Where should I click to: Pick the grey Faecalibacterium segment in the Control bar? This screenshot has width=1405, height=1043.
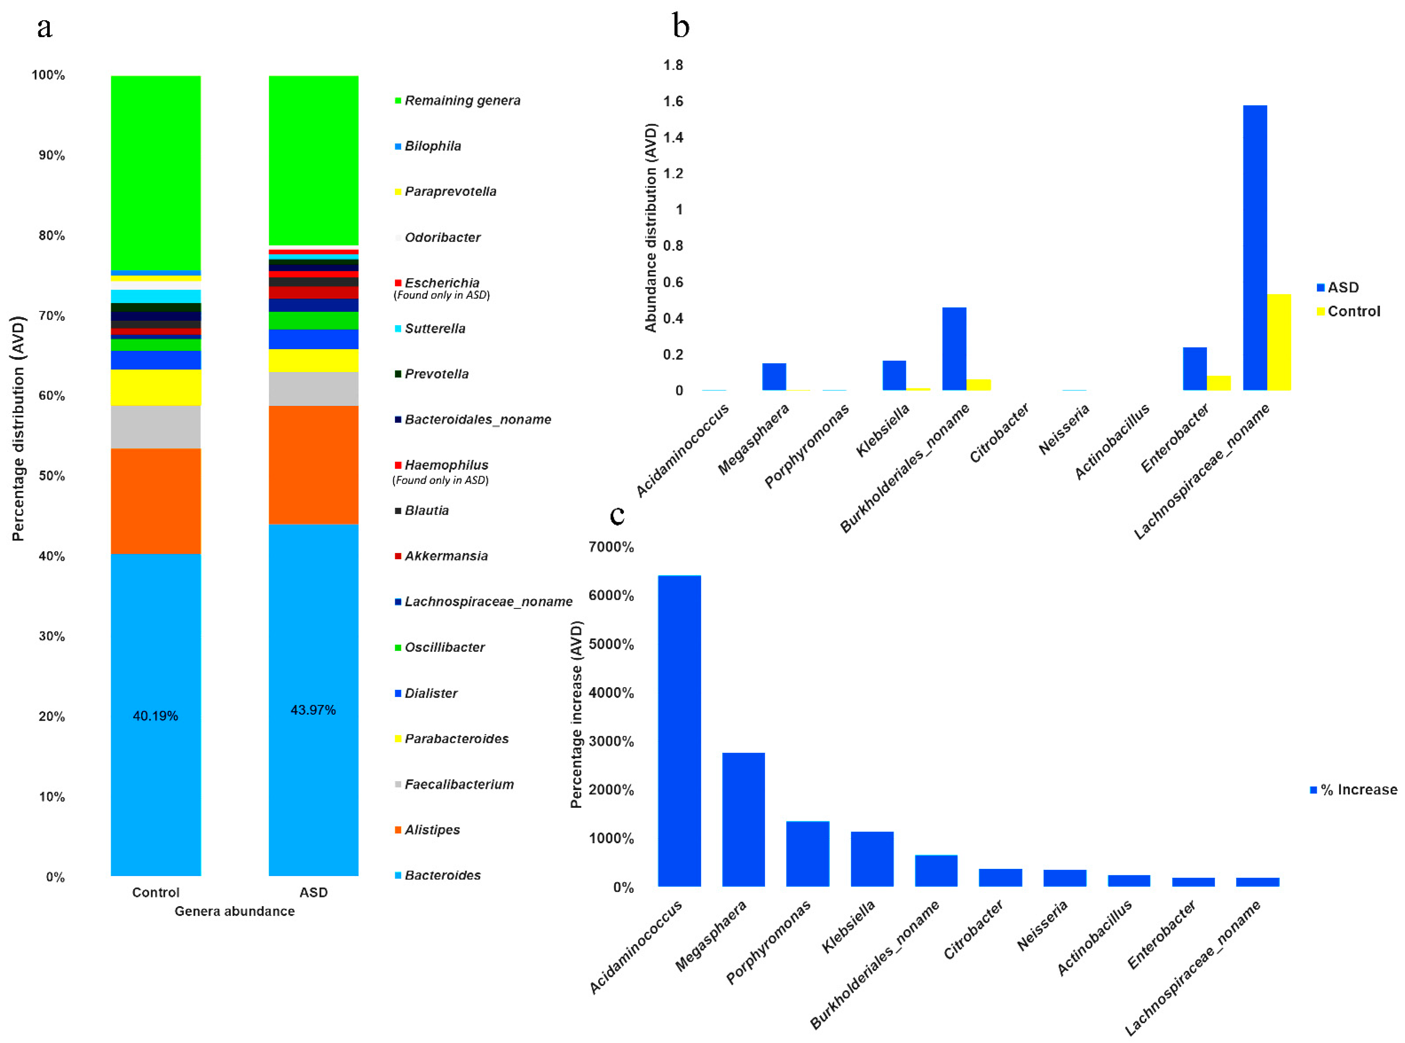(155, 427)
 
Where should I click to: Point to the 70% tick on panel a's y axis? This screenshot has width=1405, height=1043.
(52, 316)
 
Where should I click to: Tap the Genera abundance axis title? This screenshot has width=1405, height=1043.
(234, 911)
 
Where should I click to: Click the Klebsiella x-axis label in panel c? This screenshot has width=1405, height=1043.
(848, 927)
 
